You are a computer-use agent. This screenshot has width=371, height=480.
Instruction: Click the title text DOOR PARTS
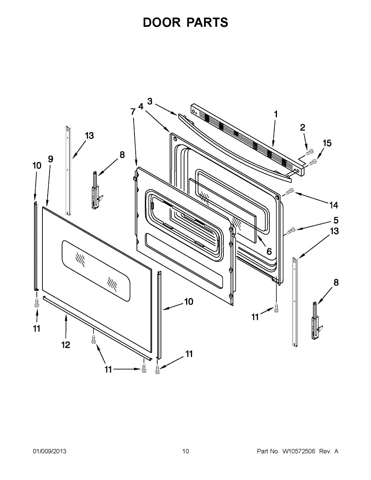pyautogui.click(x=185, y=23)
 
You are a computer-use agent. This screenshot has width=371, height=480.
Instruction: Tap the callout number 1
pyautogui.click(x=276, y=114)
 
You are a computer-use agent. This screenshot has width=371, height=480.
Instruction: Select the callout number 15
pyautogui.click(x=327, y=143)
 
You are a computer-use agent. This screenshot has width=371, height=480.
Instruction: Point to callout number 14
pyautogui.click(x=333, y=205)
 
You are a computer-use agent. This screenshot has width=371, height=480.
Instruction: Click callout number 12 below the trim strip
pyautogui.click(x=66, y=344)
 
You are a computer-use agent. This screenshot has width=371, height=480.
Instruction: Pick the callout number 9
pyautogui.click(x=50, y=159)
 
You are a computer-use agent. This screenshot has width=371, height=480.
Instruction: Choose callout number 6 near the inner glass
pyautogui.click(x=269, y=252)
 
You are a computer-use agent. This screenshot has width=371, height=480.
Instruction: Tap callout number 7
pyautogui.click(x=133, y=112)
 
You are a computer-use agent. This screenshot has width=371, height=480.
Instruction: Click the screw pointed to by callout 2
pyautogui.click(x=309, y=152)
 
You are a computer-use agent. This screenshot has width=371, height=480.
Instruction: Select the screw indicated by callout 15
pyautogui.click(x=313, y=162)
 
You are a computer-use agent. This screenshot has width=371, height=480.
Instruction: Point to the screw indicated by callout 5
pyautogui.click(x=291, y=230)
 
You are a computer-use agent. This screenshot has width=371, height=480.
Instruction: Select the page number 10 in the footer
pyautogui.click(x=185, y=452)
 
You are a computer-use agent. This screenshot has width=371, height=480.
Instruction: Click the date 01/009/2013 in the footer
pyautogui.click(x=50, y=452)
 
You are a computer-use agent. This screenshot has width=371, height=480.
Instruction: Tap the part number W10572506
pyautogui.click(x=299, y=452)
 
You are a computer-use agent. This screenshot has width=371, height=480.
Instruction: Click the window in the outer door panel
pyautogui.click(x=96, y=270)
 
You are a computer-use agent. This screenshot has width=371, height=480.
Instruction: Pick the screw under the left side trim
pyautogui.click(x=37, y=303)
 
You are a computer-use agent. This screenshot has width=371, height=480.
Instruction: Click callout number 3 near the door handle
pyautogui.click(x=150, y=102)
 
